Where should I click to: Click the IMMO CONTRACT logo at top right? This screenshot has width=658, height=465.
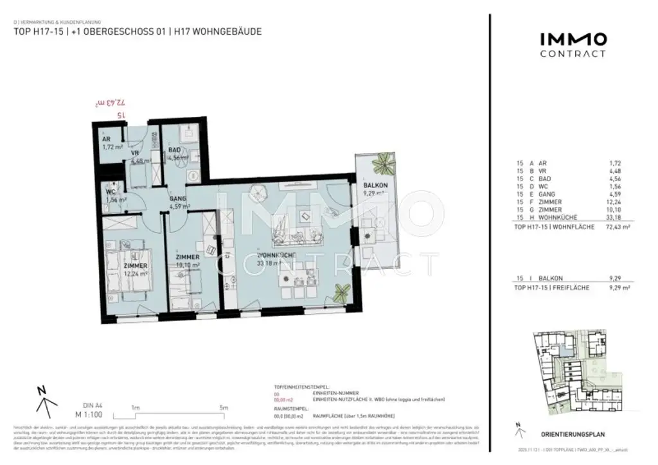point(572,44)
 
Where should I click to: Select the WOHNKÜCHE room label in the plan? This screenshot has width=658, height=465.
point(276,255)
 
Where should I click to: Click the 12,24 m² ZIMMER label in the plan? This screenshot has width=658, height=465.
point(136,265)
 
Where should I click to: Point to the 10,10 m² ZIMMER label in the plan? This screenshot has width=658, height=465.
point(188,258)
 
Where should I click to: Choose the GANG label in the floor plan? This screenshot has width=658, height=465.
point(177,199)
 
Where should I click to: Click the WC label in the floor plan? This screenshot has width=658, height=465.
point(111,191)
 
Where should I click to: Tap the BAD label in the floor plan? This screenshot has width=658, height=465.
point(174,150)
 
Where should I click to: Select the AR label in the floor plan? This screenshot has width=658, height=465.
point(107,138)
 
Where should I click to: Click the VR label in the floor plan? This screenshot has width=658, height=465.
point(136,154)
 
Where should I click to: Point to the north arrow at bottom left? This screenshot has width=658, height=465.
point(43,400)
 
